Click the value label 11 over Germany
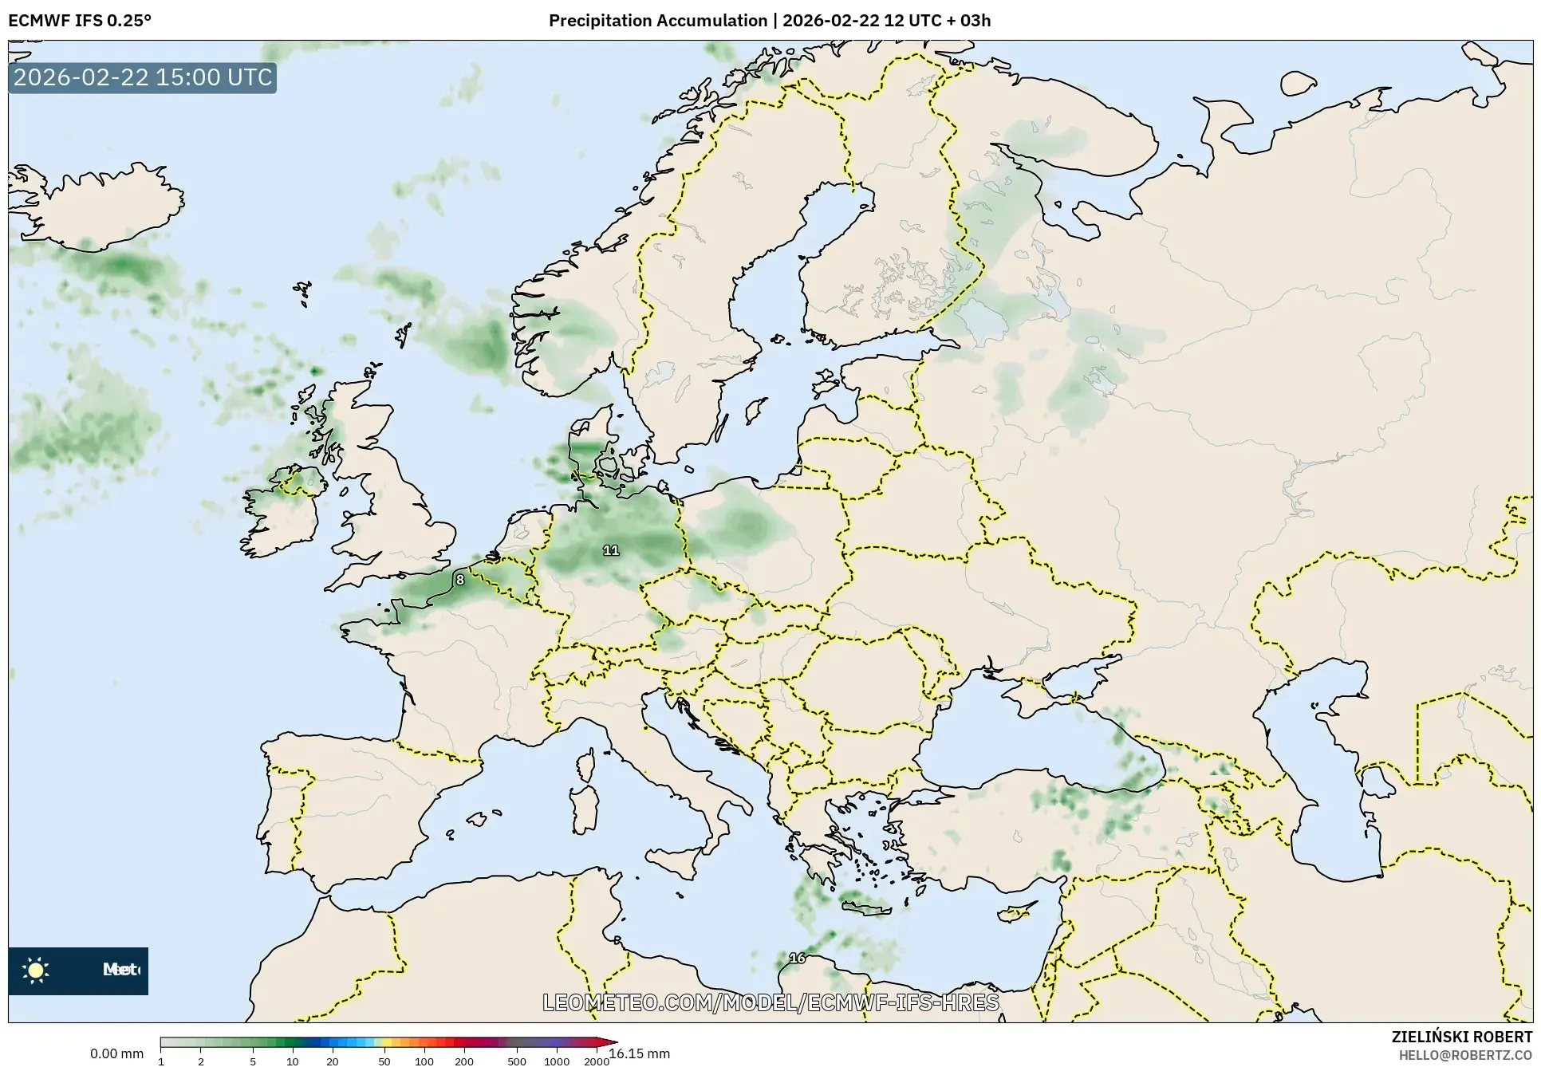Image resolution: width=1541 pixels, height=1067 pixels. [x=611, y=550]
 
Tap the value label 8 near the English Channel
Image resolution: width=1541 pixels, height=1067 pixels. [x=460, y=580]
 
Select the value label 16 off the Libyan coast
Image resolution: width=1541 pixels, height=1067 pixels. [x=797, y=958]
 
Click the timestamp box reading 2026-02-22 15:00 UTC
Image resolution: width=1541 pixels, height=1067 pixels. [x=143, y=78]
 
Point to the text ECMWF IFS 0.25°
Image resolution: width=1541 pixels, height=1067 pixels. [x=79, y=21]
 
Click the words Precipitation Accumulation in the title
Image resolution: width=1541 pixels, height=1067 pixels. [x=657, y=21]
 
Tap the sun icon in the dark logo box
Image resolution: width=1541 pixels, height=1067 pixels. [x=36, y=971]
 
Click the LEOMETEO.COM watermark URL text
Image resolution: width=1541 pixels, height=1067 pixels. [x=770, y=1002]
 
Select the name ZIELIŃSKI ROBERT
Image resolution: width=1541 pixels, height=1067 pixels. [x=1461, y=1037]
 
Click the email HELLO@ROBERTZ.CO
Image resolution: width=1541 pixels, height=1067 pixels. [x=1464, y=1055]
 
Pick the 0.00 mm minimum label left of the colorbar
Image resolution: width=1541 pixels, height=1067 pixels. [x=116, y=1053]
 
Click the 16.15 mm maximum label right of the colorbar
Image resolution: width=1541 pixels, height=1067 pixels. [x=639, y=1053]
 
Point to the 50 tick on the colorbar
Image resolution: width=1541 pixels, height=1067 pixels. [x=384, y=1061]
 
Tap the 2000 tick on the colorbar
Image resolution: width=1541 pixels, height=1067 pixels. [x=597, y=1061]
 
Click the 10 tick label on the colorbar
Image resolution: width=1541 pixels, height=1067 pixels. [x=293, y=1061]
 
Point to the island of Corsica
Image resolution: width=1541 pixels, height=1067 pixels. [x=585, y=766]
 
